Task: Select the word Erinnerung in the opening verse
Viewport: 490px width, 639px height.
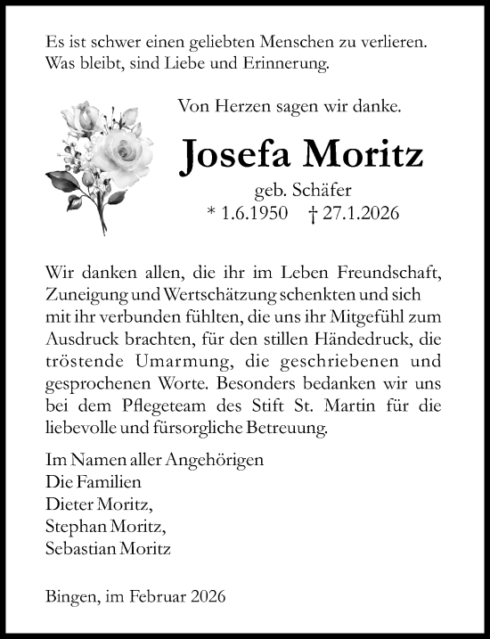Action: click(x=290, y=63)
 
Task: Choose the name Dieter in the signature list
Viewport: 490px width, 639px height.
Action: click(x=64, y=504)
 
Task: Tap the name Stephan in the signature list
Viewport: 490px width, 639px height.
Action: click(x=69, y=526)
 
